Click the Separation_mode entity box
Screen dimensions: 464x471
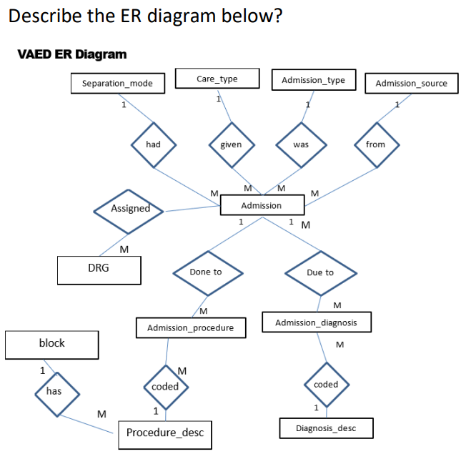(117, 84)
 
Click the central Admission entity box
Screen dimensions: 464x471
(262, 205)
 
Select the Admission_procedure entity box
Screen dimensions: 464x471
(190, 328)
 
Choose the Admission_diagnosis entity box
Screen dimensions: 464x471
(316, 322)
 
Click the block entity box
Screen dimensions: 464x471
(51, 344)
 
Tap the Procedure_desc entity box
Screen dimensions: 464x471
(165, 433)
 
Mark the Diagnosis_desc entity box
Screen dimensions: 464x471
(326, 429)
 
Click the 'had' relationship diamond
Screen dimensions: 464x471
(153, 144)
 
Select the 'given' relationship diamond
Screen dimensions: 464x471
(231, 144)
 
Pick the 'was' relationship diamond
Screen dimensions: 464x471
(301, 144)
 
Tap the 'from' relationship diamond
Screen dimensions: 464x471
(375, 144)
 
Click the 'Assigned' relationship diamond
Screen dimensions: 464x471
(129, 209)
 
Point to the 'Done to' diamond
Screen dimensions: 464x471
(206, 272)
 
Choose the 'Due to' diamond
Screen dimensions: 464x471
(319, 272)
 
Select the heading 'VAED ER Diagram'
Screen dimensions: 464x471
(71, 54)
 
